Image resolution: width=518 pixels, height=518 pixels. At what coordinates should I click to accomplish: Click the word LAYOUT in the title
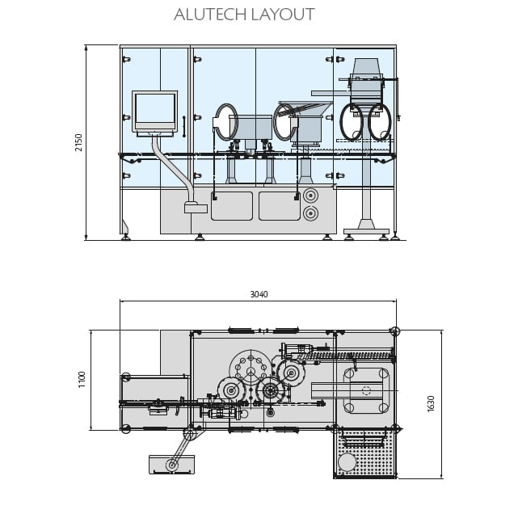pyautogui.click(x=282, y=15)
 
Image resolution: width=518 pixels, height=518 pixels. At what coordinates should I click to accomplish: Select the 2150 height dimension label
pyautogui.click(x=78, y=142)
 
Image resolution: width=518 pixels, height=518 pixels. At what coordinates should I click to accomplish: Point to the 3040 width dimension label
pyautogui.click(x=258, y=295)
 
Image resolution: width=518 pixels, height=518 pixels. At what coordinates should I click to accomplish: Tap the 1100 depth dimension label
pyautogui.click(x=82, y=379)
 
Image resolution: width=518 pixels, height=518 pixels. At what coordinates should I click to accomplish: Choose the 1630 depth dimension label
pyautogui.click(x=431, y=403)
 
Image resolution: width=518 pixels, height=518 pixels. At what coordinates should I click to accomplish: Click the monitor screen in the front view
pyautogui.click(x=154, y=108)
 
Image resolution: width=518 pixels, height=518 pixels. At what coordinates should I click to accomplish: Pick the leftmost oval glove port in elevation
pyautogui.click(x=226, y=121)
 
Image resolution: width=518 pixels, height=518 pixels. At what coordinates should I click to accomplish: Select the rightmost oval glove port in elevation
pyautogui.click(x=380, y=122)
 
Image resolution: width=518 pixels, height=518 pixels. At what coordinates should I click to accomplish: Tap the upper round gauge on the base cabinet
pyautogui.click(x=310, y=196)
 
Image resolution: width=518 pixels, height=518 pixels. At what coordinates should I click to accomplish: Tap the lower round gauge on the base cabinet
pyautogui.click(x=310, y=213)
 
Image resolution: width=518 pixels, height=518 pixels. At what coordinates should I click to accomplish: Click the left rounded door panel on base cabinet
pyautogui.click(x=232, y=206)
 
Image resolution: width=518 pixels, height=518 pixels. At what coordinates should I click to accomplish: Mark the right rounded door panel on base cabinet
pyautogui.click(x=279, y=206)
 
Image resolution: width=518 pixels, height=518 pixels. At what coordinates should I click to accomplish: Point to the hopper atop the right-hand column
pyautogui.click(x=367, y=68)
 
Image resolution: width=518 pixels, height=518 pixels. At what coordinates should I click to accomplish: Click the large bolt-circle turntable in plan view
pyautogui.click(x=251, y=370)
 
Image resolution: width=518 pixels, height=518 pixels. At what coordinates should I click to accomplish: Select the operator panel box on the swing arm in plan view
pyautogui.click(x=171, y=465)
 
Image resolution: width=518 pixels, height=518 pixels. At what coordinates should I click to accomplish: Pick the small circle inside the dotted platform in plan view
pyautogui.click(x=347, y=462)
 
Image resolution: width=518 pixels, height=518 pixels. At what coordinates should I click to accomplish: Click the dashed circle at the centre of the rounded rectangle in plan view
pyautogui.click(x=366, y=390)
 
